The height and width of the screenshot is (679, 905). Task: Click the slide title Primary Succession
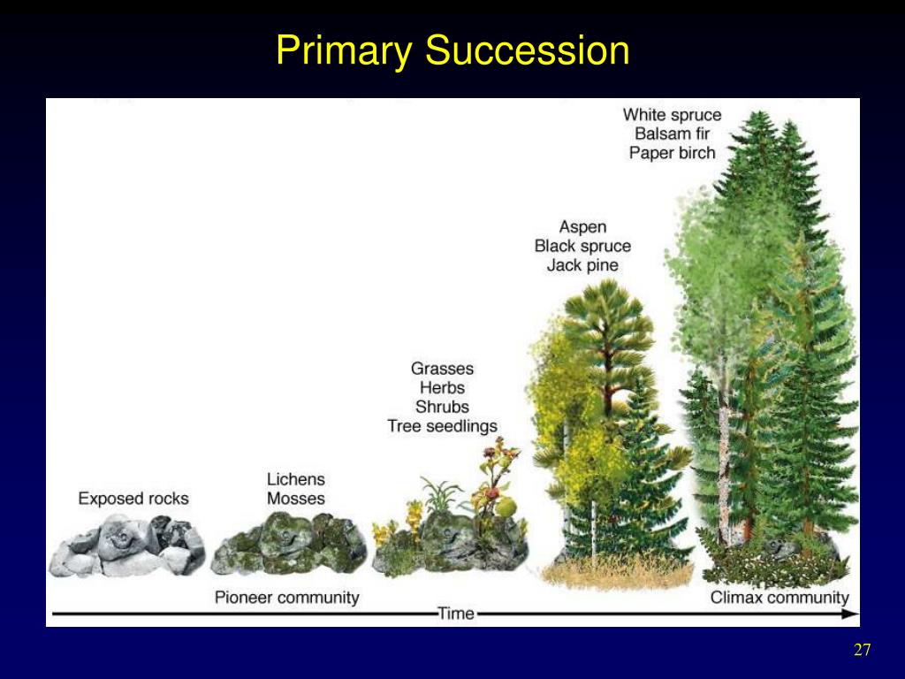(452, 50)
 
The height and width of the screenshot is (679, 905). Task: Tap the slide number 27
(862, 651)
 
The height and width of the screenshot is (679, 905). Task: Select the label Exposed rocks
(133, 499)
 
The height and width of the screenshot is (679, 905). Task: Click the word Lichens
(296, 479)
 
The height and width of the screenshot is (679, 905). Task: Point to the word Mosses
(296, 499)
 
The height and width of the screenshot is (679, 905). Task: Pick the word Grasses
(442, 369)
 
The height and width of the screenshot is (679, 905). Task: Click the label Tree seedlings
(442, 426)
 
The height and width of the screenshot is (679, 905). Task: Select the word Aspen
(582, 227)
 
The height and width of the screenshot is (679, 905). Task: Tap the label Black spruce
(582, 247)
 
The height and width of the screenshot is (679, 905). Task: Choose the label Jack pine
(582, 265)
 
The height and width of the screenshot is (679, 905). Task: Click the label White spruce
(672, 115)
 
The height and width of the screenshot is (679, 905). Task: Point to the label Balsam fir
(672, 134)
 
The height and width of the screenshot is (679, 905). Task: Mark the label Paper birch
(672, 153)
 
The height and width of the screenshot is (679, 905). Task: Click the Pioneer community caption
(287, 598)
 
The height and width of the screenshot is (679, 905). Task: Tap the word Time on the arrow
(456, 614)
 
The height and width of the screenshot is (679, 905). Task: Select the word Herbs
(442, 388)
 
